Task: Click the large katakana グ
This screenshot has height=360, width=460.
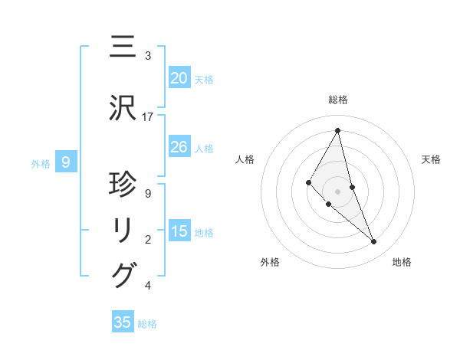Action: pyautogui.click(x=123, y=274)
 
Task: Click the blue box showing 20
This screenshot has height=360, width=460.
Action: pyautogui.click(x=179, y=77)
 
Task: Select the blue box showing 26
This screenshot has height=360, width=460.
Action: pyautogui.click(x=179, y=147)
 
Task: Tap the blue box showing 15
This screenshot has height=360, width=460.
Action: pyautogui.click(x=179, y=231)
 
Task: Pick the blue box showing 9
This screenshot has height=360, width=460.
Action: pyautogui.click(x=67, y=162)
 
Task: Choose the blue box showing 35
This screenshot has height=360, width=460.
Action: pyautogui.click(x=123, y=322)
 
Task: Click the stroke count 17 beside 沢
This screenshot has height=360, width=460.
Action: pyautogui.click(x=148, y=117)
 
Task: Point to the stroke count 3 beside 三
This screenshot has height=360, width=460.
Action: pyautogui.click(x=148, y=56)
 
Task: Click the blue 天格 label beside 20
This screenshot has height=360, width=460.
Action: pyautogui.click(x=204, y=79)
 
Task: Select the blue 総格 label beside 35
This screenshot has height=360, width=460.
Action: pyautogui.click(x=147, y=324)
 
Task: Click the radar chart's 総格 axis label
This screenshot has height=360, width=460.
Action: pyautogui.click(x=338, y=100)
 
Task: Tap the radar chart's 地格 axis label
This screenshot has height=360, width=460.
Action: pyautogui.click(x=402, y=262)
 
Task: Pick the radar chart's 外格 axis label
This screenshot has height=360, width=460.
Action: pyautogui.click(x=270, y=262)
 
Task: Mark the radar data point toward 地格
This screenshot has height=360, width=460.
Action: pyautogui.click(x=374, y=242)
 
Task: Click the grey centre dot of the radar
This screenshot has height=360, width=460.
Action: pyautogui.click(x=338, y=191)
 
